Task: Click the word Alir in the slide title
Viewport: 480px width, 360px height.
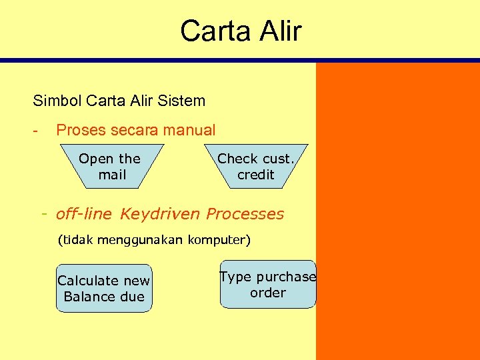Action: click(279, 31)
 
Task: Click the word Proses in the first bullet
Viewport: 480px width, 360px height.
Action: click(80, 130)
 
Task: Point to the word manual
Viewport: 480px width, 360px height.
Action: click(187, 130)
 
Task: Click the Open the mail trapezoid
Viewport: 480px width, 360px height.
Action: click(110, 167)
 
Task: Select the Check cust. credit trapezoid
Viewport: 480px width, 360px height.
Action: click(255, 167)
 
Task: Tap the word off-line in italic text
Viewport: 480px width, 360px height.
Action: click(85, 214)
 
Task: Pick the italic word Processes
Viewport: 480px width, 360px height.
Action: click(245, 214)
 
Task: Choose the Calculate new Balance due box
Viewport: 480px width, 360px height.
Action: click(104, 289)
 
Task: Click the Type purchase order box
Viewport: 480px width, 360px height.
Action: click(267, 285)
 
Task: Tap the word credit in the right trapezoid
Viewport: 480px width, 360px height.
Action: click(256, 175)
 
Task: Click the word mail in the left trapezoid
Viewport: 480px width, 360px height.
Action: click(112, 175)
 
